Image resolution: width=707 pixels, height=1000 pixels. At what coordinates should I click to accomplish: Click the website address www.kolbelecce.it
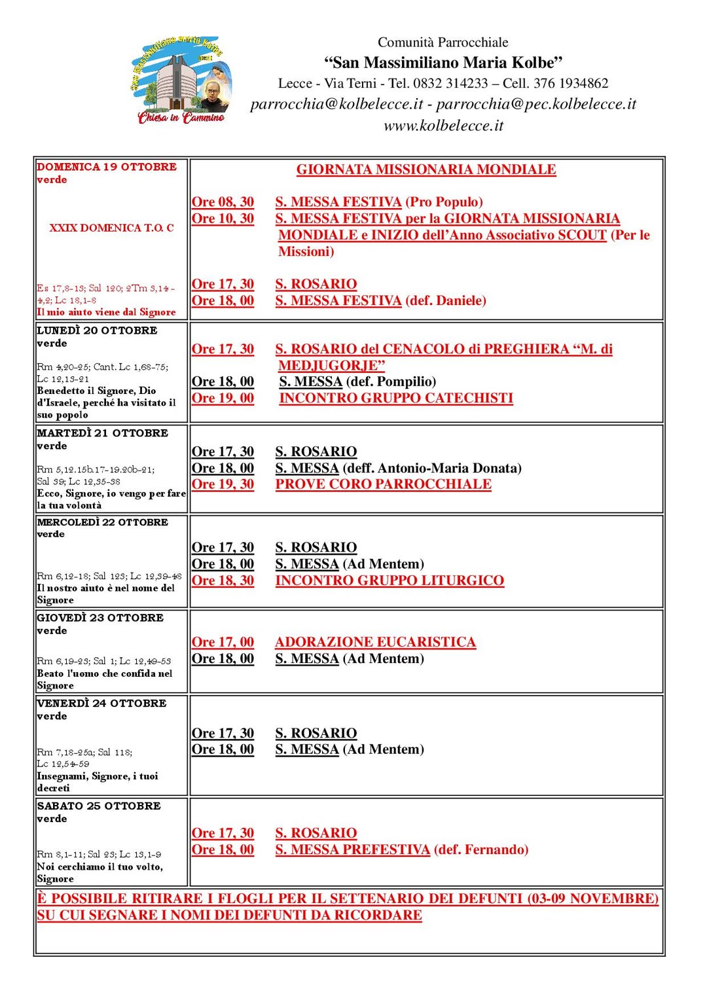pos(443,126)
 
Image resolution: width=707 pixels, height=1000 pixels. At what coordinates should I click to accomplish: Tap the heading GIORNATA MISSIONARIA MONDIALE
pos(426,170)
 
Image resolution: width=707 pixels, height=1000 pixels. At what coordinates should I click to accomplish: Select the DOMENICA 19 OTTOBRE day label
pos(107,167)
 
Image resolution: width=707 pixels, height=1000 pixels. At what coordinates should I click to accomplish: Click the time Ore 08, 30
pos(223,202)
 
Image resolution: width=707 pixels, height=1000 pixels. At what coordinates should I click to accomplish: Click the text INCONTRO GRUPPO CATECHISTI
pos(396,398)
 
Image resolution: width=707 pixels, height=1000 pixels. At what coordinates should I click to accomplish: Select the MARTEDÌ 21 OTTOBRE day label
pos(103,433)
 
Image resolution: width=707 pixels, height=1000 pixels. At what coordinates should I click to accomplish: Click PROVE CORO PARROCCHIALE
pos(383,484)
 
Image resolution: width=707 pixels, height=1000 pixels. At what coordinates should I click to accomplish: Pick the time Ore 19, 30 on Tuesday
pos(223,484)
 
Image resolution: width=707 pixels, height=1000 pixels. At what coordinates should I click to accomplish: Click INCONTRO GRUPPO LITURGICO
pos(390,580)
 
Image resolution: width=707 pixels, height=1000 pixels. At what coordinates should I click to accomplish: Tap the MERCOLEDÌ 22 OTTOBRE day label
pos(103,522)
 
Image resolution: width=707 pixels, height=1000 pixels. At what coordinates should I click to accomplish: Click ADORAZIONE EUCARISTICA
pos(375,642)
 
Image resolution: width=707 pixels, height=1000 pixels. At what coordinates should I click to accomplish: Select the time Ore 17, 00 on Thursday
pos(223,642)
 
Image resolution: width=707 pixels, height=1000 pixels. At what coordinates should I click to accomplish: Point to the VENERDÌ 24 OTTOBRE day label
pos(102,704)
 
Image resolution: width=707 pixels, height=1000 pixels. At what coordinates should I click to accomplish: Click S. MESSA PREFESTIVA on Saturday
pos(352,849)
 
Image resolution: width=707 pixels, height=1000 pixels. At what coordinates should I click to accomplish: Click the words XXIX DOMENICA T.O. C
pos(111,228)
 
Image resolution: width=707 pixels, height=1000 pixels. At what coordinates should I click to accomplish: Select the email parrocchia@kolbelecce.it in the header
pos(336,104)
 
